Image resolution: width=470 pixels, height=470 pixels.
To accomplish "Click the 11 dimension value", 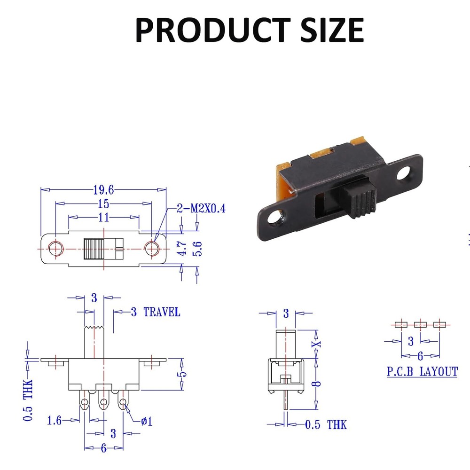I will (103, 217).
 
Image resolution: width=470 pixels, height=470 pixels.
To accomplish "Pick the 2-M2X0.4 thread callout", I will (201, 208).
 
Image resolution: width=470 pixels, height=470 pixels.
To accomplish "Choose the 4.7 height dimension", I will (182, 248).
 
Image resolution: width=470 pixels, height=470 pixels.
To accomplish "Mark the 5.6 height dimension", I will (197, 248).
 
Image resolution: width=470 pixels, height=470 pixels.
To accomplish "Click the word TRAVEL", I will (162, 312).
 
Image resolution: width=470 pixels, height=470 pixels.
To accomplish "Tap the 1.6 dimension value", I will (54, 420).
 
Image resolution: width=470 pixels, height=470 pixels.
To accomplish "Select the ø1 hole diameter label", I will (147, 420).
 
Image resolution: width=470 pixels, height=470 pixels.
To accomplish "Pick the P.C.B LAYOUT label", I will (422, 372).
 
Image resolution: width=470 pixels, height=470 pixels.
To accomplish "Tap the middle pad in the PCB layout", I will (420, 324).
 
